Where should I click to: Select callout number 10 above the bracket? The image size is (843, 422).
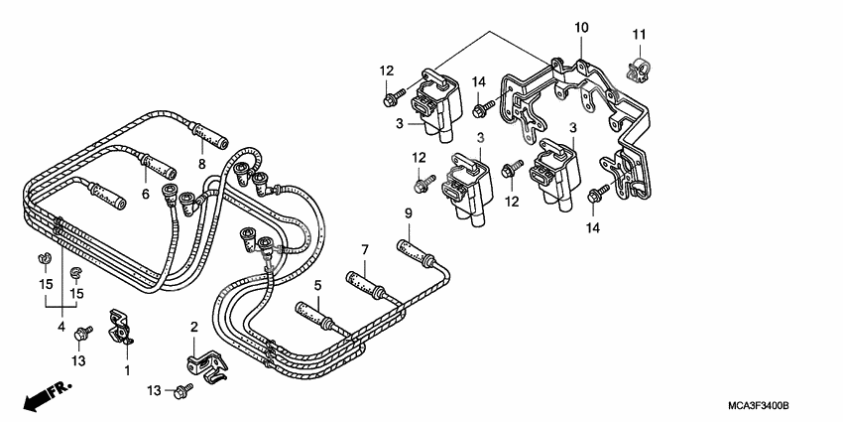[x=580, y=27]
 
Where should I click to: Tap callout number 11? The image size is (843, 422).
[x=640, y=37]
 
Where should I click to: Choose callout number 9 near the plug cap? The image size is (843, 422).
[x=407, y=214]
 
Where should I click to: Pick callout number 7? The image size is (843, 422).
[x=364, y=248]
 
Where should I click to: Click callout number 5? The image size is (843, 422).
[x=317, y=286]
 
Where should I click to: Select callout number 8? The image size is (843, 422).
[x=200, y=164]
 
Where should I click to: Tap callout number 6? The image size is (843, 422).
[x=145, y=194]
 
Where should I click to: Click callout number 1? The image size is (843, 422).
[x=127, y=370]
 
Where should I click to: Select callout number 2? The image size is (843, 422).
[x=194, y=326]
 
